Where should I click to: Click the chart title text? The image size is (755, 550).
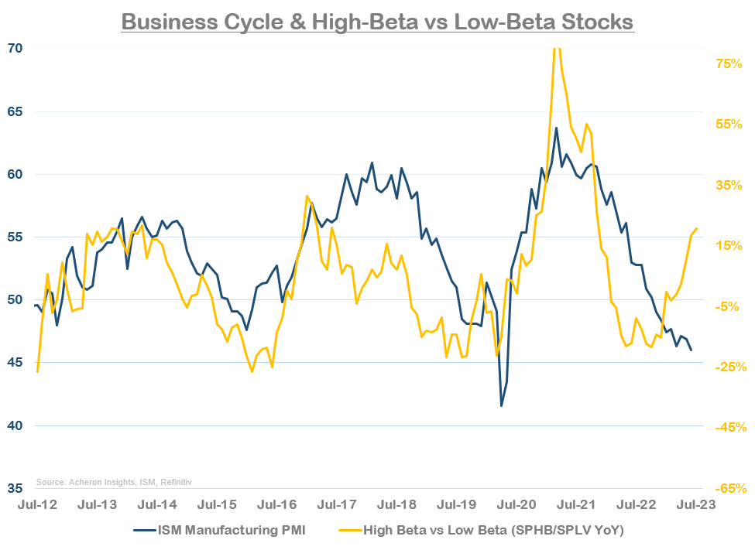tap(377, 21)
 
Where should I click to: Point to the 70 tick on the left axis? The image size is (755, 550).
tap(15, 48)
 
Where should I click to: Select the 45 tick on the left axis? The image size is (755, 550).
tap(15, 363)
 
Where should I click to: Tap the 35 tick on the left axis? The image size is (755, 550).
tap(15, 489)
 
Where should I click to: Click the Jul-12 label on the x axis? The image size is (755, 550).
tap(36, 504)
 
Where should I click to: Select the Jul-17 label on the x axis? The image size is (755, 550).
tap(337, 504)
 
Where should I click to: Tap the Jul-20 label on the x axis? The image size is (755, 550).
tap(516, 504)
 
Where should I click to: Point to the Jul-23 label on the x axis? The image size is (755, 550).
tap(696, 504)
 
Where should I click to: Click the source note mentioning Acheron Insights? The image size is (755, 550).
tap(114, 482)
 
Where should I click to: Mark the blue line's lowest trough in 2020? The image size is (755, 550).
tap(501, 405)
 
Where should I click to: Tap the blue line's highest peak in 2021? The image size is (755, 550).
tap(556, 128)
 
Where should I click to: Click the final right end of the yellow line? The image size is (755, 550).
tap(697, 228)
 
